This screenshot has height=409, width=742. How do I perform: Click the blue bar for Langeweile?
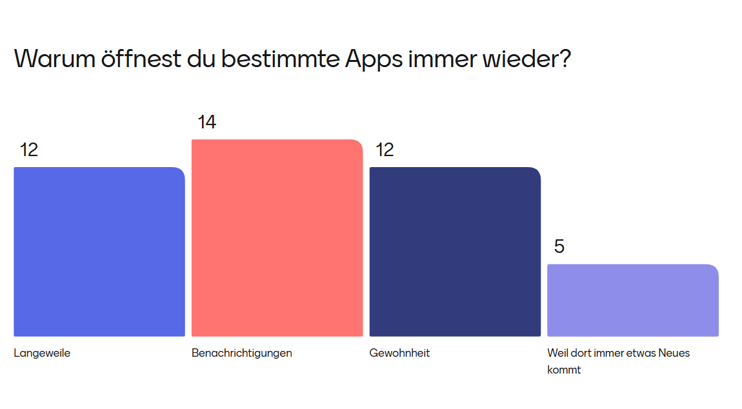tap(99, 252)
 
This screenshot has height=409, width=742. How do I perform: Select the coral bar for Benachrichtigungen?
tap(277, 237)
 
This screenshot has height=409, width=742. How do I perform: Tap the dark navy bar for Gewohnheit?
tap(455, 252)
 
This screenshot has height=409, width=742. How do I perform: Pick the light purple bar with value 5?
tap(632, 300)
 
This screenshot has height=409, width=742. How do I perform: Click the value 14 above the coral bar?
tap(206, 122)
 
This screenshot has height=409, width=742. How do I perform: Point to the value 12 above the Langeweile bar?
tap(29, 150)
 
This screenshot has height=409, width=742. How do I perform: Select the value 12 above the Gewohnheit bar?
tap(385, 150)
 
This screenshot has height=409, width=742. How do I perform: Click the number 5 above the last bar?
tap(559, 246)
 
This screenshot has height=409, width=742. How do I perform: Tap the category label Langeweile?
tap(42, 353)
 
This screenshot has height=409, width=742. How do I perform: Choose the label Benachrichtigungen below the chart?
tap(241, 353)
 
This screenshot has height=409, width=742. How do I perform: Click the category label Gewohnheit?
tap(399, 353)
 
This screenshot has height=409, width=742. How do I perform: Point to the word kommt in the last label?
tap(564, 370)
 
